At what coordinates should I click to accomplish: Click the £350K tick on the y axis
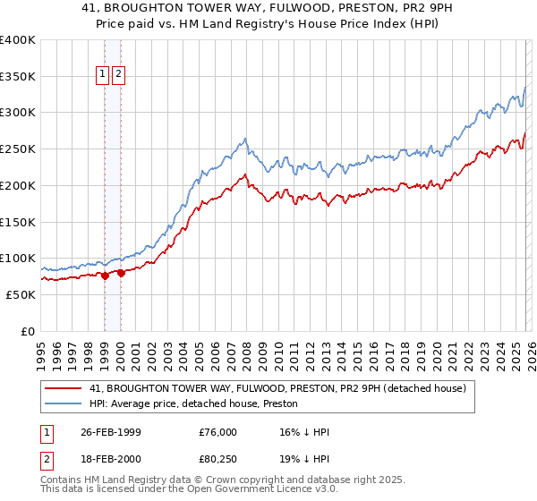[18, 76]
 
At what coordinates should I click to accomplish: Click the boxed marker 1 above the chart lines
[104, 75]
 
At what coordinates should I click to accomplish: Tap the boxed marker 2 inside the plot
[119, 75]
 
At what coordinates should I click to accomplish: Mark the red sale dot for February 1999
[105, 276]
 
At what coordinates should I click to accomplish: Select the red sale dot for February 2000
[121, 273]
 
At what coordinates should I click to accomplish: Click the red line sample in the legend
[63, 389]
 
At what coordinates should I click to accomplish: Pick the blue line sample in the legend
[63, 403]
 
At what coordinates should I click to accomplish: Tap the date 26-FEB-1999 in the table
[111, 432]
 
